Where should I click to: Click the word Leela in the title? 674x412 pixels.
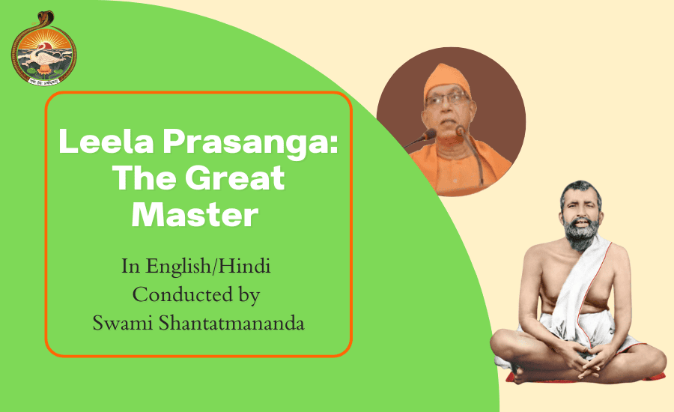coord(106,141)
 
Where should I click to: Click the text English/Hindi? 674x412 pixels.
coord(208,267)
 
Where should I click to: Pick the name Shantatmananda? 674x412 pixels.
coord(231,323)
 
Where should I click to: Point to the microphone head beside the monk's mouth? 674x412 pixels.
coord(429,136)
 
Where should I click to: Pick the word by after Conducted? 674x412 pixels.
coord(248,296)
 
